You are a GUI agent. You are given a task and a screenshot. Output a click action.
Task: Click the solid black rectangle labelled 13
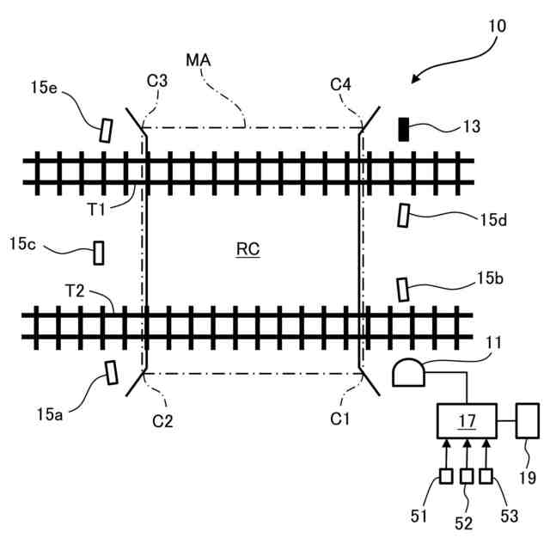click(x=402, y=129)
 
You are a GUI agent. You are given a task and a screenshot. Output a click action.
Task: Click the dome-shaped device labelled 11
click(x=408, y=373)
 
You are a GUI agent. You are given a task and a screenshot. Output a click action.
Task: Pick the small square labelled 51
click(x=446, y=476)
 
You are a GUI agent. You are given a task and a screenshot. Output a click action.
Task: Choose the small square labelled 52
click(x=466, y=476)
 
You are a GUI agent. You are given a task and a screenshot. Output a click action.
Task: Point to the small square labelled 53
click(x=486, y=476)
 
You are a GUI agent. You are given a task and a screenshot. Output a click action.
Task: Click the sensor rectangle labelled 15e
click(x=105, y=130)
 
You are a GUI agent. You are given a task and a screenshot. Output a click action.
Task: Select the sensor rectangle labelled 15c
click(x=99, y=253)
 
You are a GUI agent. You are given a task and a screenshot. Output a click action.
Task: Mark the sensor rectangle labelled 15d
click(x=403, y=216)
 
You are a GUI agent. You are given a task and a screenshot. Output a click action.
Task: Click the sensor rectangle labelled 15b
click(x=402, y=290)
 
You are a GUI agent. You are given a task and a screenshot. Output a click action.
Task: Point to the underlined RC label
click(x=248, y=250)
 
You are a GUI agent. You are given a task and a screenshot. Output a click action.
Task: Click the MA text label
click(x=199, y=61)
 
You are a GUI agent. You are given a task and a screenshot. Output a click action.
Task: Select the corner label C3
click(x=156, y=82)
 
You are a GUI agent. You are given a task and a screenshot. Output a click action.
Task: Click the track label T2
click(x=75, y=290)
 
